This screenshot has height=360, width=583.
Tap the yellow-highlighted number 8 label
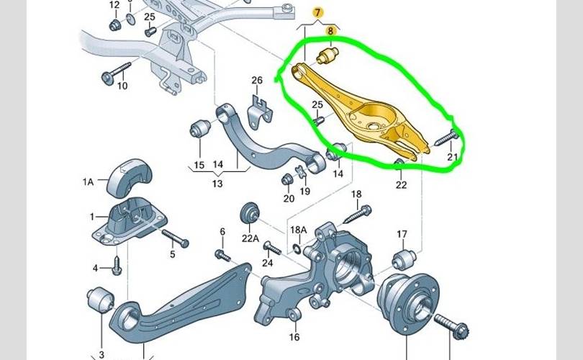[332, 31]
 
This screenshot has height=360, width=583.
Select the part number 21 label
[452, 158]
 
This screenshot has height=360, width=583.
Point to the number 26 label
[257, 79]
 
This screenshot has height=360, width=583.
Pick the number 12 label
[114, 5]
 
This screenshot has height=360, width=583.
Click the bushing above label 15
[199, 130]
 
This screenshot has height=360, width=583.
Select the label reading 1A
[88, 183]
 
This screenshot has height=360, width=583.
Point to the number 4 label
[95, 269]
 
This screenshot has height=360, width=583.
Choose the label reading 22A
[250, 238]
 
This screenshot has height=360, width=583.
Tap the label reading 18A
[298, 230]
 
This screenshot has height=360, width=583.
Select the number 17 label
[402, 234]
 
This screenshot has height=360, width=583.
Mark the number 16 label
[294, 337]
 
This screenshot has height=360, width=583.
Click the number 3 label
[101, 354]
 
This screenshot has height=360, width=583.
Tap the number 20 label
[289, 198]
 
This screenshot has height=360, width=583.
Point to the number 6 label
[222, 231]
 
